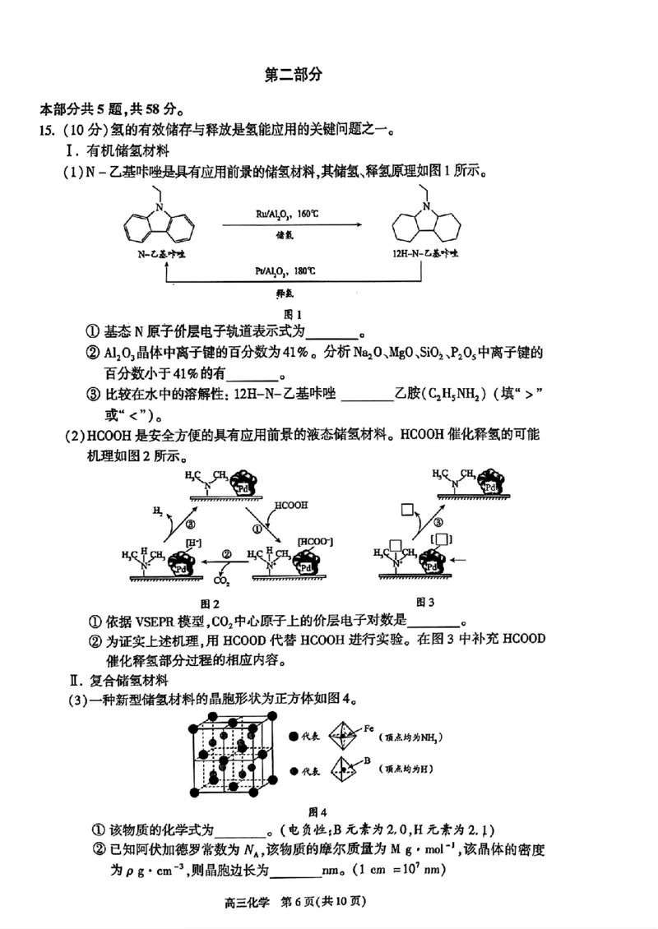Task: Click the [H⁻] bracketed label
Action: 196,543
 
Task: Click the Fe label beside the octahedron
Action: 369,728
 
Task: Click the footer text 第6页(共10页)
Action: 324,900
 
